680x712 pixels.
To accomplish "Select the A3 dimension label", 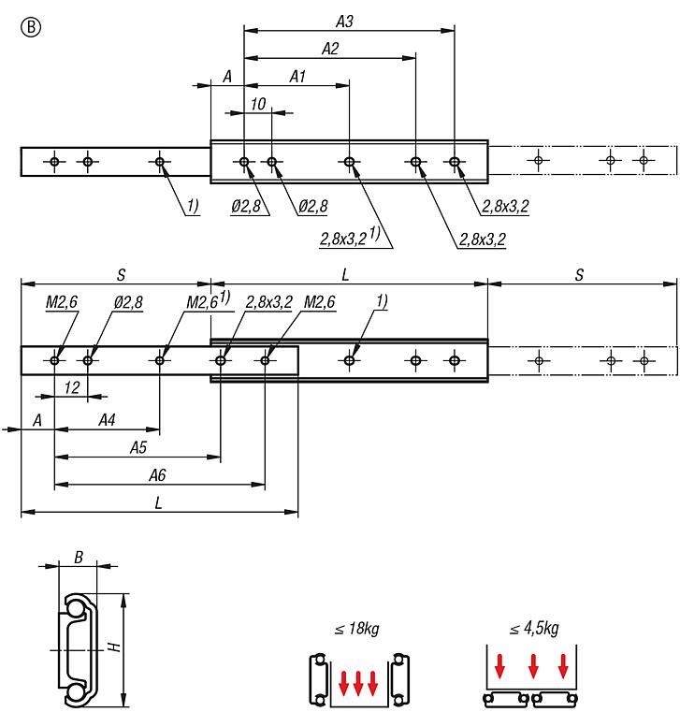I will point(344,19).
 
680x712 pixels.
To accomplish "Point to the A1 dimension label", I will point(297,77).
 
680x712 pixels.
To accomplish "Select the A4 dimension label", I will point(107,421).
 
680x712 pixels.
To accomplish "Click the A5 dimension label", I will point(137,448).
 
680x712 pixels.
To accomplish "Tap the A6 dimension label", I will point(158,475).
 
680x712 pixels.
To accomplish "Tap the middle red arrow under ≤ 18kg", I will point(358,682).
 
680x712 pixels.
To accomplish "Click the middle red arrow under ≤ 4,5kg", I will point(532,666).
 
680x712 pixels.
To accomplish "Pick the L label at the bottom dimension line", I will point(159,502).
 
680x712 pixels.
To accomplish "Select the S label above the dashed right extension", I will point(580,274).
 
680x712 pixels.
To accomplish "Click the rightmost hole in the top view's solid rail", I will point(455,163).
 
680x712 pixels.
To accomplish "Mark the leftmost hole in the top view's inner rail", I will point(55,163).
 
